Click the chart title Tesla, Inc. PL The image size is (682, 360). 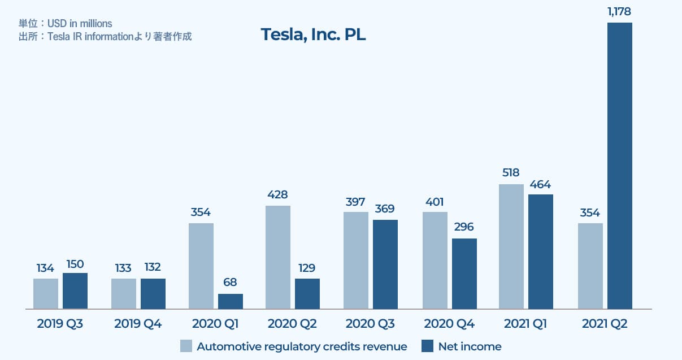[x=313, y=34]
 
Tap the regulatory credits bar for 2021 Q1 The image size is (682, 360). [x=511, y=246]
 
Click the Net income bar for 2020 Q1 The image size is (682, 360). [x=231, y=301]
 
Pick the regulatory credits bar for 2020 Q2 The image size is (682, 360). [x=277, y=257]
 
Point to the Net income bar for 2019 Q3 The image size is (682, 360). [x=75, y=291]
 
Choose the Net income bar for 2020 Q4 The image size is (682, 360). [x=464, y=274]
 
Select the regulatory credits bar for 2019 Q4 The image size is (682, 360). [x=124, y=294]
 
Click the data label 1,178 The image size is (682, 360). [x=619, y=11]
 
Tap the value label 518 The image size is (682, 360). [x=511, y=173]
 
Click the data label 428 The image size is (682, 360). [x=277, y=194]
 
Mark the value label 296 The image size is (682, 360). [x=464, y=227]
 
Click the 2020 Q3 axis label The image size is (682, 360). [x=370, y=324]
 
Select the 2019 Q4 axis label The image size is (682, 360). [x=137, y=324]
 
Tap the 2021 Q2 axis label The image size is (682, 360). [x=605, y=324]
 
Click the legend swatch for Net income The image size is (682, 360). [x=428, y=346]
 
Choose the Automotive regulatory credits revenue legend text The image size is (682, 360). [x=302, y=346]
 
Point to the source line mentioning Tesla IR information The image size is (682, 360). [x=105, y=37]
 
